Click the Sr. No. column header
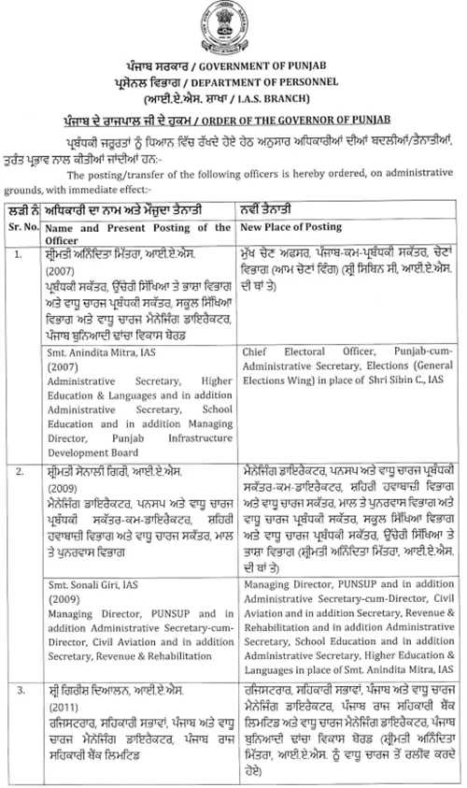[x=21, y=227]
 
